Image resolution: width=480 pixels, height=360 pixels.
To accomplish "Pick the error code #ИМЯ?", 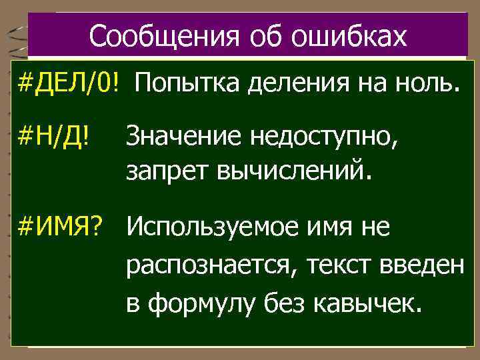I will point(62,229).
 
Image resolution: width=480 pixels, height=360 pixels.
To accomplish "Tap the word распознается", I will point(213,267).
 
